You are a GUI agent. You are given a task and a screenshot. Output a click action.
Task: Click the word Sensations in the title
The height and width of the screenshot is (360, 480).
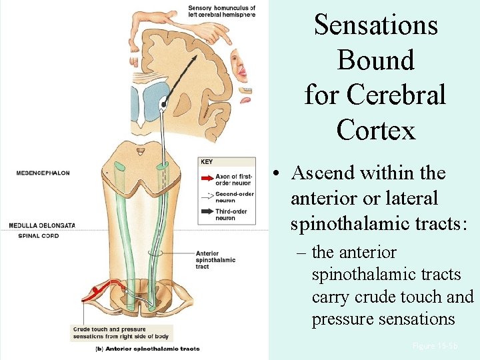376,25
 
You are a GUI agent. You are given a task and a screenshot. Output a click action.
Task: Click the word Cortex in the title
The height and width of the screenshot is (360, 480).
376,129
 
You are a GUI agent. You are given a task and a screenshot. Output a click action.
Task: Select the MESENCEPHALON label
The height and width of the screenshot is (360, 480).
43,173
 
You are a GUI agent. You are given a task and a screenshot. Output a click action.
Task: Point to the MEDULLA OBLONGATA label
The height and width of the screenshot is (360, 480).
42,225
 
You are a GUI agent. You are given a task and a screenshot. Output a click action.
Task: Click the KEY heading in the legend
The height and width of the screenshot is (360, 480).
207,161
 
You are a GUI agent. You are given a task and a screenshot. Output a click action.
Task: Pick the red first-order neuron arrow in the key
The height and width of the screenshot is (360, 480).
206,179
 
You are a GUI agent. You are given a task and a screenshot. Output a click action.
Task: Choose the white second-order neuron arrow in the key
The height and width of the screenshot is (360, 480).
206,196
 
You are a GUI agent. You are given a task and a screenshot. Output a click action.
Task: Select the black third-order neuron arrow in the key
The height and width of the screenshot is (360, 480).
206,214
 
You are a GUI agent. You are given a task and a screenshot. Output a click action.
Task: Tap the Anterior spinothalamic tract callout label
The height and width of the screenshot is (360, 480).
215,260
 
